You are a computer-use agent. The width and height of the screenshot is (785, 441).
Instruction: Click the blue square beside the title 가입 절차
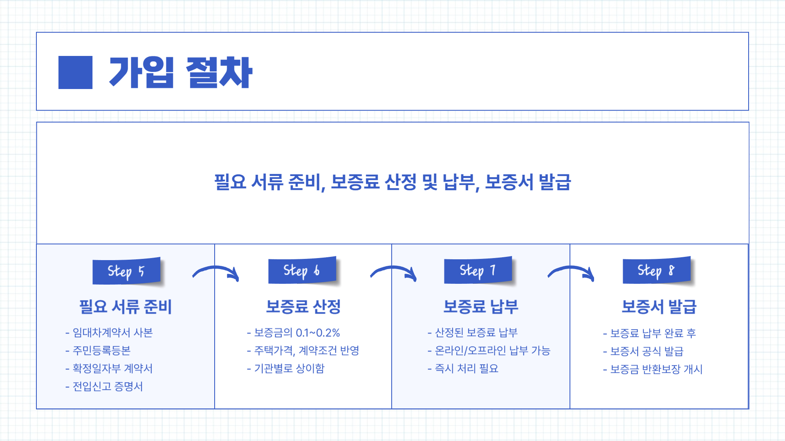[75, 72]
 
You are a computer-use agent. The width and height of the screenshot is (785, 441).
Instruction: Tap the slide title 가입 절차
[180, 72]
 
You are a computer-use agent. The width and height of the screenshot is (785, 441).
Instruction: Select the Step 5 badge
[126, 271]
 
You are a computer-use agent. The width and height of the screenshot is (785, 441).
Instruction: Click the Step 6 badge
[302, 270]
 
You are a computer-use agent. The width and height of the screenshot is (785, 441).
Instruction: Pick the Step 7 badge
[478, 270]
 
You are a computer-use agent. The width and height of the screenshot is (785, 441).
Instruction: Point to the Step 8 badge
[657, 270]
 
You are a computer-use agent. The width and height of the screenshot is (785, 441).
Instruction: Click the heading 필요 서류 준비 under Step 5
[126, 307]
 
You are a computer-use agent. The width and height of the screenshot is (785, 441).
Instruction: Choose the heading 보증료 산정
[303, 307]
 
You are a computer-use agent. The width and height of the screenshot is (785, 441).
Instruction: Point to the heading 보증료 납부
[481, 307]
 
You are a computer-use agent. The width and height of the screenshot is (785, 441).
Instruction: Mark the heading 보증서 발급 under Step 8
[659, 307]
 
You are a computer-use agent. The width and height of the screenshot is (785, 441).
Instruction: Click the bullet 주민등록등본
[101, 350]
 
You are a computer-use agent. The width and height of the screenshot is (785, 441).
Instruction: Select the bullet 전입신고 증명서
[108, 386]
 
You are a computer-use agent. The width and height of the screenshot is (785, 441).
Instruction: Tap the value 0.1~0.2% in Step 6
[318, 333]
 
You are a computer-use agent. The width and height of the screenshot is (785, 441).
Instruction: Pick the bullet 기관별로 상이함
[289, 368]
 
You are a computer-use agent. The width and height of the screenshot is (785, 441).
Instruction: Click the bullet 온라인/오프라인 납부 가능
[492, 350]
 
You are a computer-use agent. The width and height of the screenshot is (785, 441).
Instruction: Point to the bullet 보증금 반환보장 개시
[656, 369]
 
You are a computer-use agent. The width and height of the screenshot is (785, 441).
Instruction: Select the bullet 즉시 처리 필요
[467, 368]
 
